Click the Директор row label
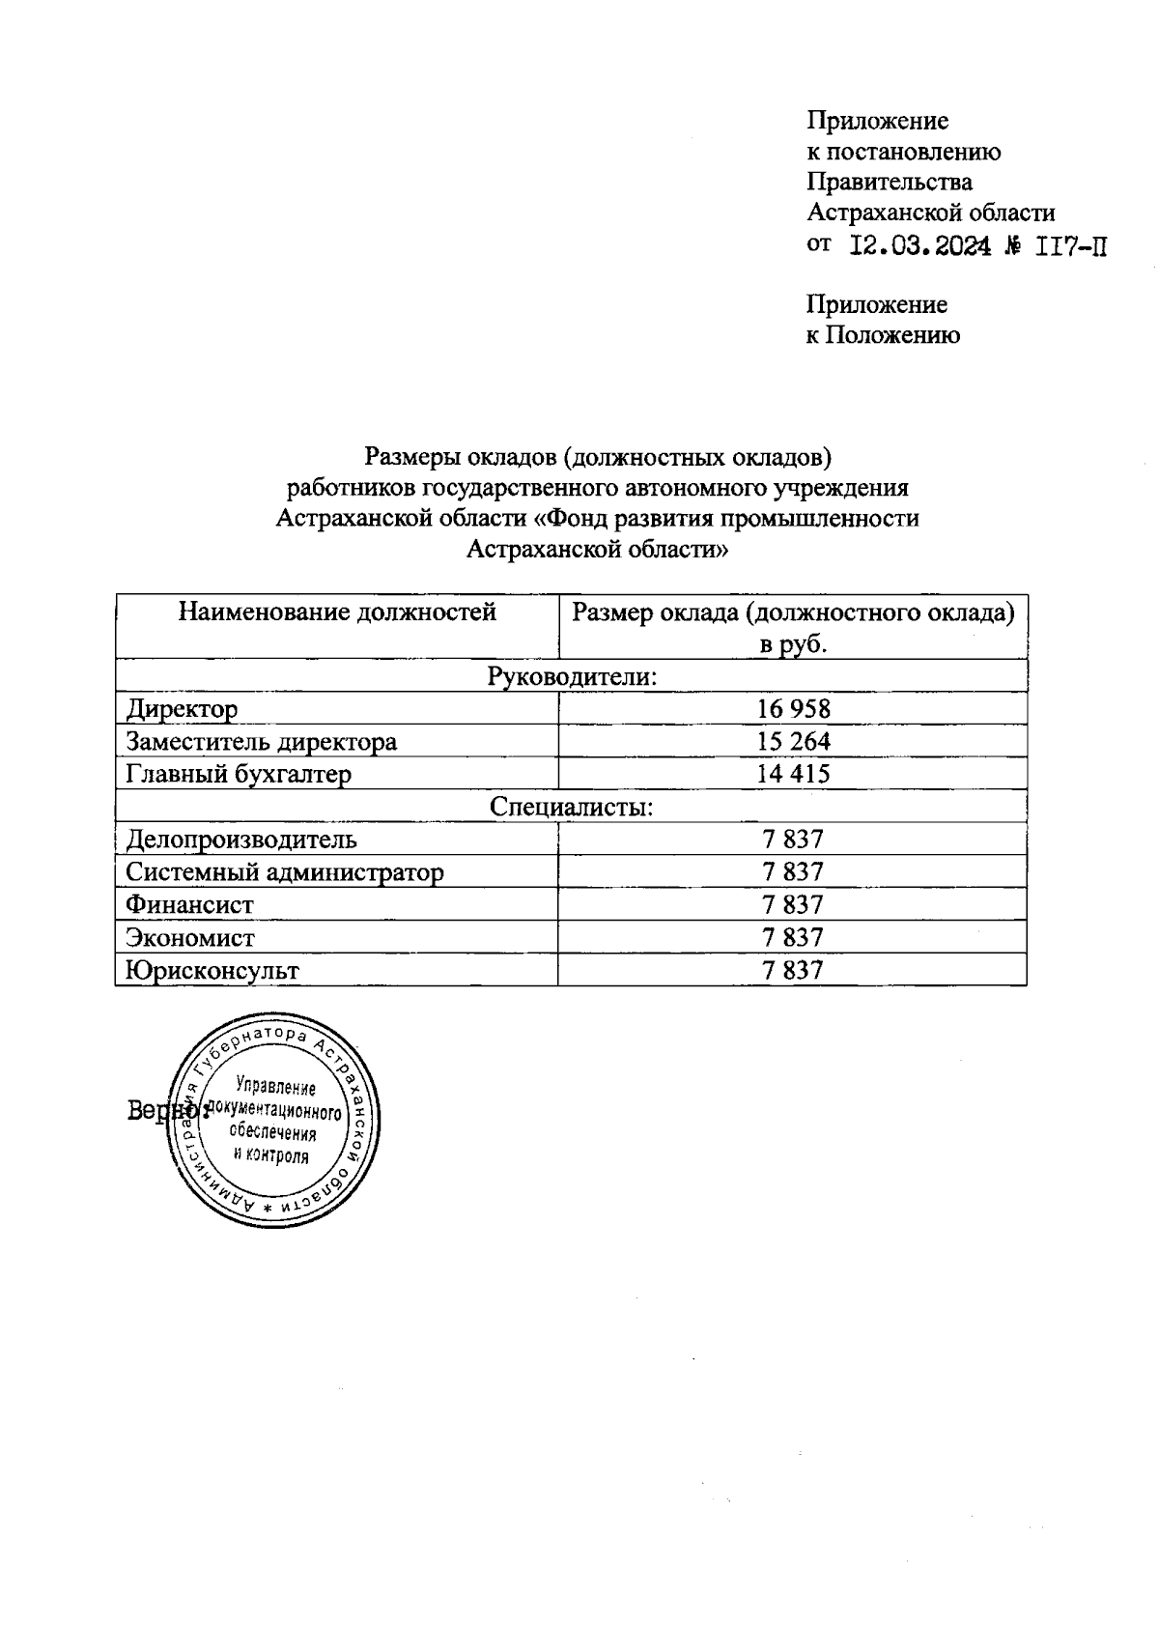click(182, 710)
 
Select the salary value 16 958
click(793, 709)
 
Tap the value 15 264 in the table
click(793, 742)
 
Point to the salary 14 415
click(793, 774)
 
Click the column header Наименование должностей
click(337, 612)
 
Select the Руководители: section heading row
click(572, 676)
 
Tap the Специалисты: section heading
click(572, 807)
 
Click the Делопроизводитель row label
click(241, 840)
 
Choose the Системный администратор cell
click(285, 872)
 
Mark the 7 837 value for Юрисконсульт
click(793, 970)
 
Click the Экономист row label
click(190, 938)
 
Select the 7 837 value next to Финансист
click(793, 905)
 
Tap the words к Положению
click(883, 335)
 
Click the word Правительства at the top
click(890, 182)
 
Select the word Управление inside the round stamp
click(276, 1088)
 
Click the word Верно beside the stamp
click(155, 1111)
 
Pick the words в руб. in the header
click(793, 644)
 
